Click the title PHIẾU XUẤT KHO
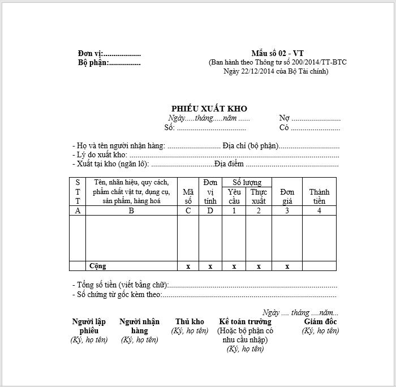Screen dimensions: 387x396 (209, 109)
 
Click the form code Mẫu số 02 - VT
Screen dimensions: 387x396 (277, 54)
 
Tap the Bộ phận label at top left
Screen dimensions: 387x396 (92, 63)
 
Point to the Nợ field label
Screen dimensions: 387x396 (284, 118)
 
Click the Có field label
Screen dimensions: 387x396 (284, 128)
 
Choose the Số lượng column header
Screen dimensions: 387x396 (247, 182)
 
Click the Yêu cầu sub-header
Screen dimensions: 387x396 (234, 196)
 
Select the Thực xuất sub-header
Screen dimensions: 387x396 (259, 196)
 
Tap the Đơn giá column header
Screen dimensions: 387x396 (287, 196)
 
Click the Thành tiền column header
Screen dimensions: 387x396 (319, 196)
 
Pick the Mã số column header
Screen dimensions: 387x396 (188, 196)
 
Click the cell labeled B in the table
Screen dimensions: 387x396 (131, 210)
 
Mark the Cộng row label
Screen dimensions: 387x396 (97, 266)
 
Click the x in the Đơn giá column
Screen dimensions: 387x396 (287, 266)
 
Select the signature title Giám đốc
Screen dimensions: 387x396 (320, 322)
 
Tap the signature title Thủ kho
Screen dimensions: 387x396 (190, 322)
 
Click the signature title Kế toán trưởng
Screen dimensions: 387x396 (245, 322)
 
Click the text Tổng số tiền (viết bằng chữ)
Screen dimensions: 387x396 (120, 285)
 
